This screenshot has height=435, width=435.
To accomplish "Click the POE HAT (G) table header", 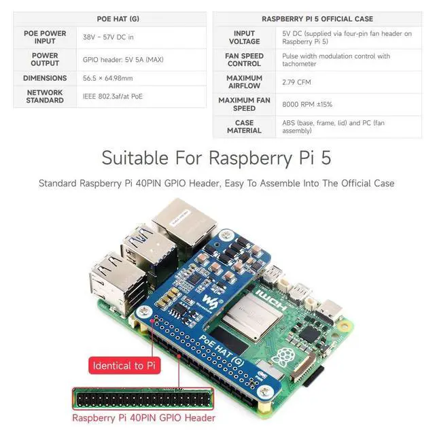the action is coord(109,19).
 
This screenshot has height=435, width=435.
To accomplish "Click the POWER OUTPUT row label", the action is coord(45,60).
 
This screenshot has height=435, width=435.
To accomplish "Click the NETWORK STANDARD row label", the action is coord(45,97).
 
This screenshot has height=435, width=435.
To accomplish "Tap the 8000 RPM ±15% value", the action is coord(307,104).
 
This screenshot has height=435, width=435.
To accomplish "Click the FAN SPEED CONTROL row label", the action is coord(244,60).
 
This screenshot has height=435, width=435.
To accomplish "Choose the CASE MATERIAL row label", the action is coord(244,126).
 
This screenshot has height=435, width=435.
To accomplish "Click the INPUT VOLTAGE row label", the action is coord(244,37).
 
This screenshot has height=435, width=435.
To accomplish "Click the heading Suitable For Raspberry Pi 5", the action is coord(216,158).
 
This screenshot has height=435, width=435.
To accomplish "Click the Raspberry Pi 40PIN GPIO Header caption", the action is coord(143,418).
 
